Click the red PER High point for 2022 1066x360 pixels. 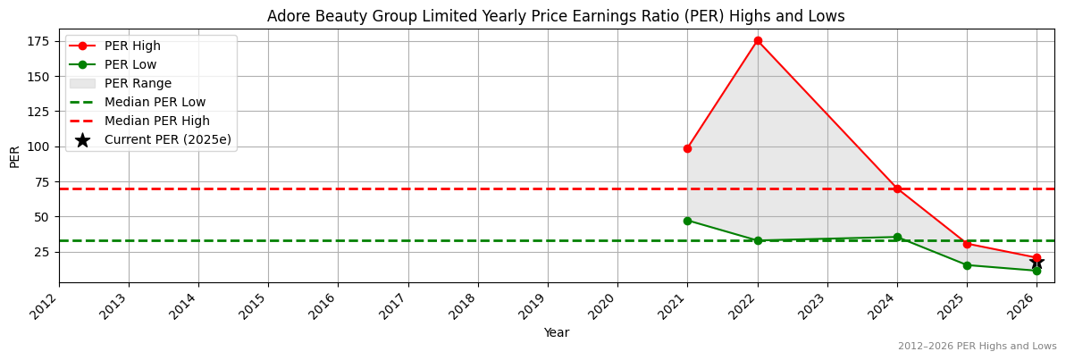(x=758, y=41)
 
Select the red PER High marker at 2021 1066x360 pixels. (x=687, y=148)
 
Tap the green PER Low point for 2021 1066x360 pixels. (x=687, y=221)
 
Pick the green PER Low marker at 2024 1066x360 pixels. (x=897, y=238)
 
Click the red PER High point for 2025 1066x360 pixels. (x=967, y=244)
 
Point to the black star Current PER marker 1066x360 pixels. (x=1037, y=263)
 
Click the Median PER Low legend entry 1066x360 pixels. (x=155, y=102)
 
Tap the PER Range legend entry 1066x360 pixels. (x=138, y=83)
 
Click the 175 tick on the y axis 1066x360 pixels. (x=38, y=41)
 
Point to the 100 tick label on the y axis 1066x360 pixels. (x=38, y=147)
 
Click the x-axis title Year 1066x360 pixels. (x=556, y=333)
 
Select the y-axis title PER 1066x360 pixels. (x=14, y=156)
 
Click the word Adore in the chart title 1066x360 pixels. (x=287, y=16)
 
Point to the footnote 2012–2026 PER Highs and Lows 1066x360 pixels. (x=977, y=347)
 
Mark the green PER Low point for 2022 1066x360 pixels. (x=758, y=240)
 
